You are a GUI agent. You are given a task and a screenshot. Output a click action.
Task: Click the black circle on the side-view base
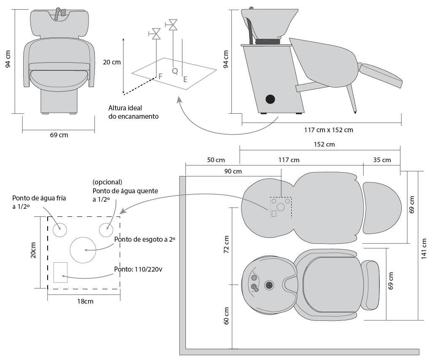click(270, 99)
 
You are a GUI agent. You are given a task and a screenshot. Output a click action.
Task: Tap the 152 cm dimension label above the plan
click(324, 144)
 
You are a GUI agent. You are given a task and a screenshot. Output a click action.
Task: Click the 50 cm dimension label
click(216, 160)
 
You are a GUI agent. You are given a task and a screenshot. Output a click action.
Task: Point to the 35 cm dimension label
click(382, 160)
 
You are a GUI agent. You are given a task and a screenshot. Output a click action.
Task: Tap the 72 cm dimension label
click(226, 244)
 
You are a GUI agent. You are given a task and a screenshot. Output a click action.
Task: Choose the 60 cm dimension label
click(226, 315)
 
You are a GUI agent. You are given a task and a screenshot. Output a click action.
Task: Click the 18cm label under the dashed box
click(84, 301)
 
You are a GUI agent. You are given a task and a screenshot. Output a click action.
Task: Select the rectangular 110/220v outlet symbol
click(61, 272)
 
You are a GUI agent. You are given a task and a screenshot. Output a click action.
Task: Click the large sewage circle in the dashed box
click(83, 250)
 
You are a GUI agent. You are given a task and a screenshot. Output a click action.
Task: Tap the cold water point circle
click(60, 230)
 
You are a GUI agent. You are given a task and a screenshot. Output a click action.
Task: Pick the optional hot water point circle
click(106, 230)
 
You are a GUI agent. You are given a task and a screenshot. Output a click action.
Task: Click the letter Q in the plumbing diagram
click(175, 71)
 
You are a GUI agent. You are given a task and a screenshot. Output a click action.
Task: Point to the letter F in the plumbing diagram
click(160, 76)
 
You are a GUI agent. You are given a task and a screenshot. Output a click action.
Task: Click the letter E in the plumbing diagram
click(185, 79)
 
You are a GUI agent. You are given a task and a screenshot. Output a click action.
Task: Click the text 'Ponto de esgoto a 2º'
click(144, 239)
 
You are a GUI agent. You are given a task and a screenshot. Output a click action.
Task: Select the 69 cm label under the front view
click(59, 135)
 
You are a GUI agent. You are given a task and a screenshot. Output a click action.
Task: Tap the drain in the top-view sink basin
click(269, 285)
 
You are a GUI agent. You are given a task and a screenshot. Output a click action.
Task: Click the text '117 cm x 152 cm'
click(328, 130)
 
